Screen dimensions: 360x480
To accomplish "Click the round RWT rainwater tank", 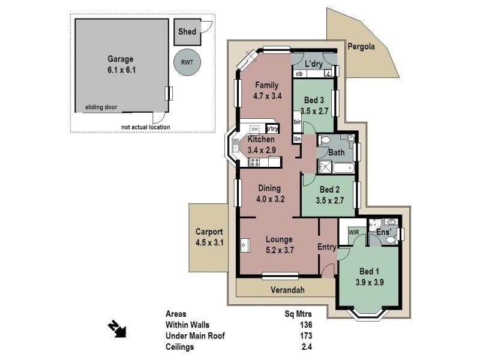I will coord(187,62).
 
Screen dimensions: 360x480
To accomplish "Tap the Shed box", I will coord(187,32).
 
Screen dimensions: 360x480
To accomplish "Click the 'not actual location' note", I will coord(145,127).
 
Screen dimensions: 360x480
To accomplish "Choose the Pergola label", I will coord(362,46).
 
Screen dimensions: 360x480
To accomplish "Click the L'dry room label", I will coord(314,63).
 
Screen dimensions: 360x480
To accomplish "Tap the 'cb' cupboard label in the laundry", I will coord(299,74).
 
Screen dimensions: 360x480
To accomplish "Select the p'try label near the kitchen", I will coord(272,128).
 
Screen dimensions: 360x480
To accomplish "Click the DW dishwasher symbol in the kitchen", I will coord(255,129).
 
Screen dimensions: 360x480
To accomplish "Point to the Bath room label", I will coord(336,152).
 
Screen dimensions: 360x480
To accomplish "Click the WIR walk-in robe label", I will coord(353,232).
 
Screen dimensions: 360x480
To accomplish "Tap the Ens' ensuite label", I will coord(383,232).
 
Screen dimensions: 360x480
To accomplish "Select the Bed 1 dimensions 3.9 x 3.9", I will coord(370,282).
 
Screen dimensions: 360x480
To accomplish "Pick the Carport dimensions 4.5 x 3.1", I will coord(209,242).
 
